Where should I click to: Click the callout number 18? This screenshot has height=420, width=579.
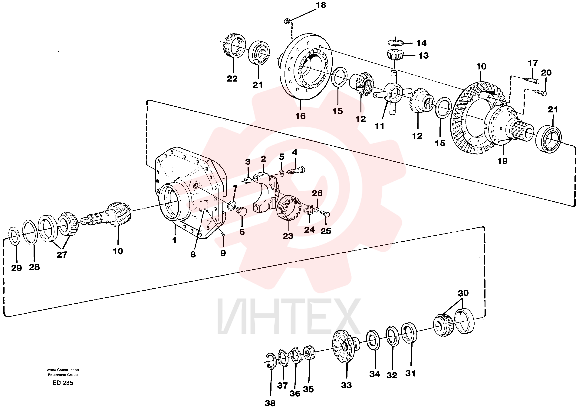coord(321,5)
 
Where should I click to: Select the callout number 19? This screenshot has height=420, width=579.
coord(502,161)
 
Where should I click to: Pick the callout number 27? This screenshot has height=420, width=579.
coord(62,254)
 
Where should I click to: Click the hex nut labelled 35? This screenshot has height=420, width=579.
coord(309,353)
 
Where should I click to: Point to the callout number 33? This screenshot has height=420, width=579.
coord(346,385)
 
